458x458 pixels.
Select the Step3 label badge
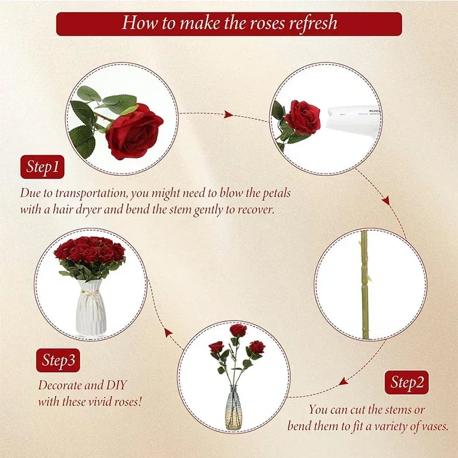tap(58, 360)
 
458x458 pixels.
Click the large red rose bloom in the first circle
tap(135, 131)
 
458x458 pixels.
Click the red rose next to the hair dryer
tap(302, 117)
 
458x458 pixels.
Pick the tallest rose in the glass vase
tap(238, 330)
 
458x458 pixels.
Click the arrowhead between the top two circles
tap(228, 115)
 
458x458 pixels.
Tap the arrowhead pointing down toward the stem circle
tap(386, 200)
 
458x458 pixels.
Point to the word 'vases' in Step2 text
tap(433, 426)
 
